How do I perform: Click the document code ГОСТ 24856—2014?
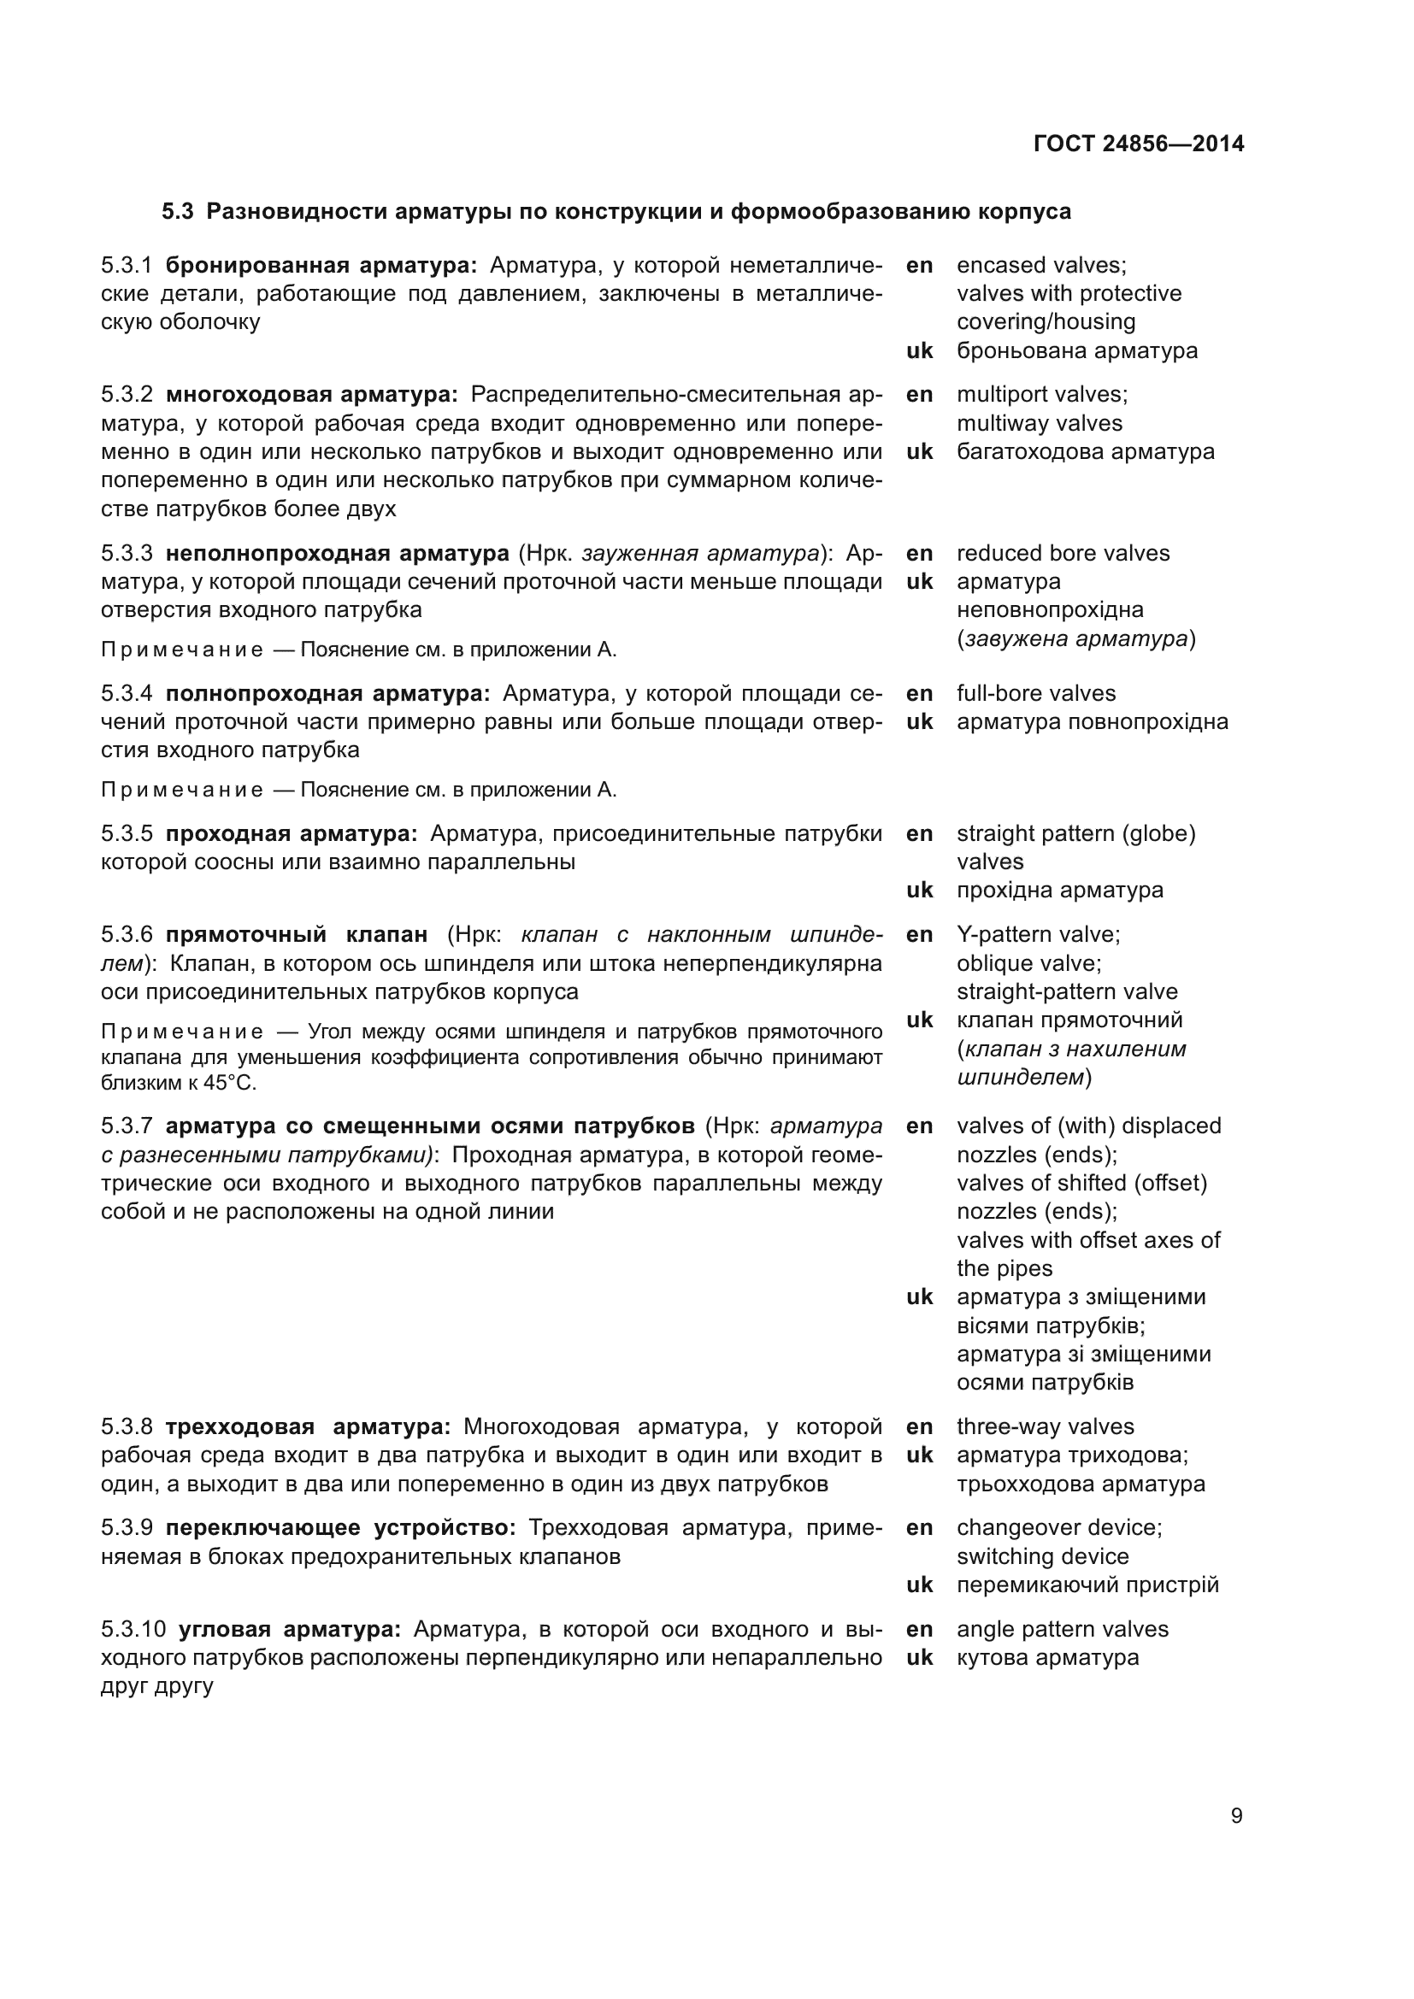1138,144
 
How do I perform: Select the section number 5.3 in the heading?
178,212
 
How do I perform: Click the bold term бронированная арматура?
321,265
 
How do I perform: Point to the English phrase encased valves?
1040,265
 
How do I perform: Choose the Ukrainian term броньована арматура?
1076,351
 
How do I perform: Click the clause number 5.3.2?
127,394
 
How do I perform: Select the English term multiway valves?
1039,423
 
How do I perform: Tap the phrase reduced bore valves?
1063,553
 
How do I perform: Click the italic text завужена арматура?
1075,639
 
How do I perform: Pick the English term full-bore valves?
1035,693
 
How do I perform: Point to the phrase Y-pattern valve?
1037,934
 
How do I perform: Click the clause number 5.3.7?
127,1126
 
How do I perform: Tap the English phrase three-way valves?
1045,1426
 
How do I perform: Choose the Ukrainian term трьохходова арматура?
1081,1484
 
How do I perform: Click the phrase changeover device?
1058,1527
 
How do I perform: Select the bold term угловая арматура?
289,1629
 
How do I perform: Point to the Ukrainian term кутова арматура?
1046,1657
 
